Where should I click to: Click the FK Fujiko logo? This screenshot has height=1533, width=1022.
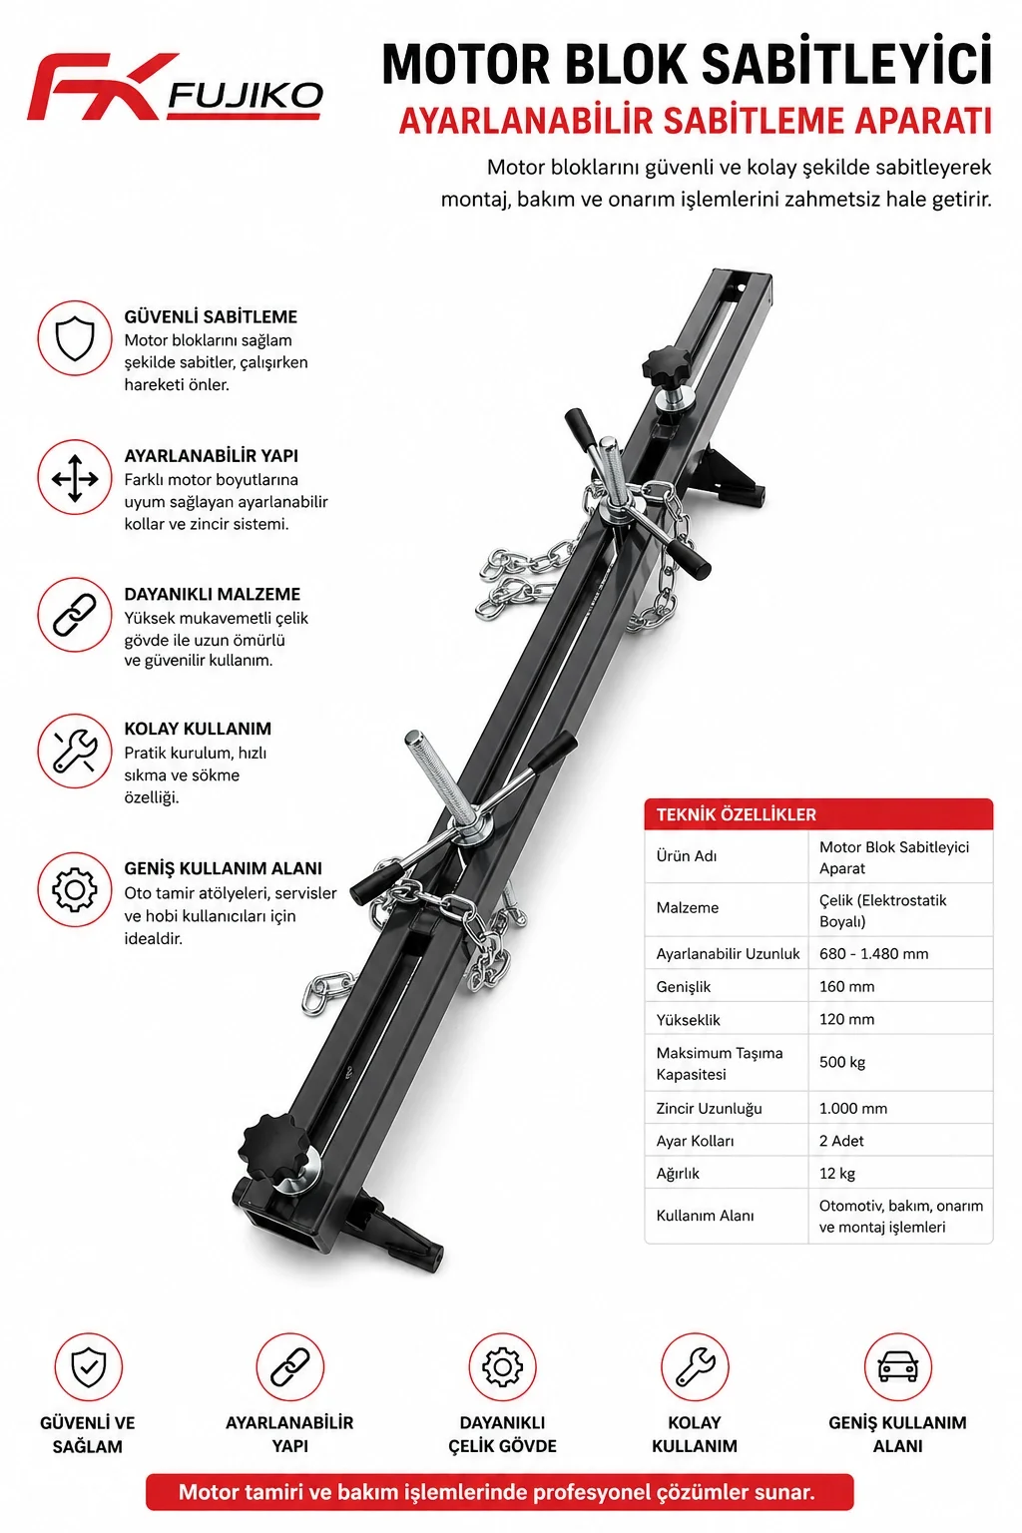(x=175, y=87)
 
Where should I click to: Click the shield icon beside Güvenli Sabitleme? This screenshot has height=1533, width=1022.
(x=75, y=338)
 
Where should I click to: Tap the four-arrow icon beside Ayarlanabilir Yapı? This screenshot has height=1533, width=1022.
(x=75, y=478)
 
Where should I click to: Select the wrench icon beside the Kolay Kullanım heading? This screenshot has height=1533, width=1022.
(x=75, y=752)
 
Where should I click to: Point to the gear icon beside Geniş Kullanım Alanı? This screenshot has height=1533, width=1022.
(x=75, y=889)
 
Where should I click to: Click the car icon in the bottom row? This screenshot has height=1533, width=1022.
(x=897, y=1366)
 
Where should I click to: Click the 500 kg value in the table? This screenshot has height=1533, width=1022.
(x=842, y=1062)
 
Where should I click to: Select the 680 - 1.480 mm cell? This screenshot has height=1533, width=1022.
(x=873, y=953)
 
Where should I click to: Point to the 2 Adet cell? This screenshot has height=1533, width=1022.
(x=841, y=1141)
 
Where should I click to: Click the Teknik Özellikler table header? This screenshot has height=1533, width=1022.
(x=737, y=814)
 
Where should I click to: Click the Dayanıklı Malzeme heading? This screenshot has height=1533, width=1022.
(x=213, y=594)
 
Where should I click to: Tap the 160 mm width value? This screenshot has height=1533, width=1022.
(x=846, y=986)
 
